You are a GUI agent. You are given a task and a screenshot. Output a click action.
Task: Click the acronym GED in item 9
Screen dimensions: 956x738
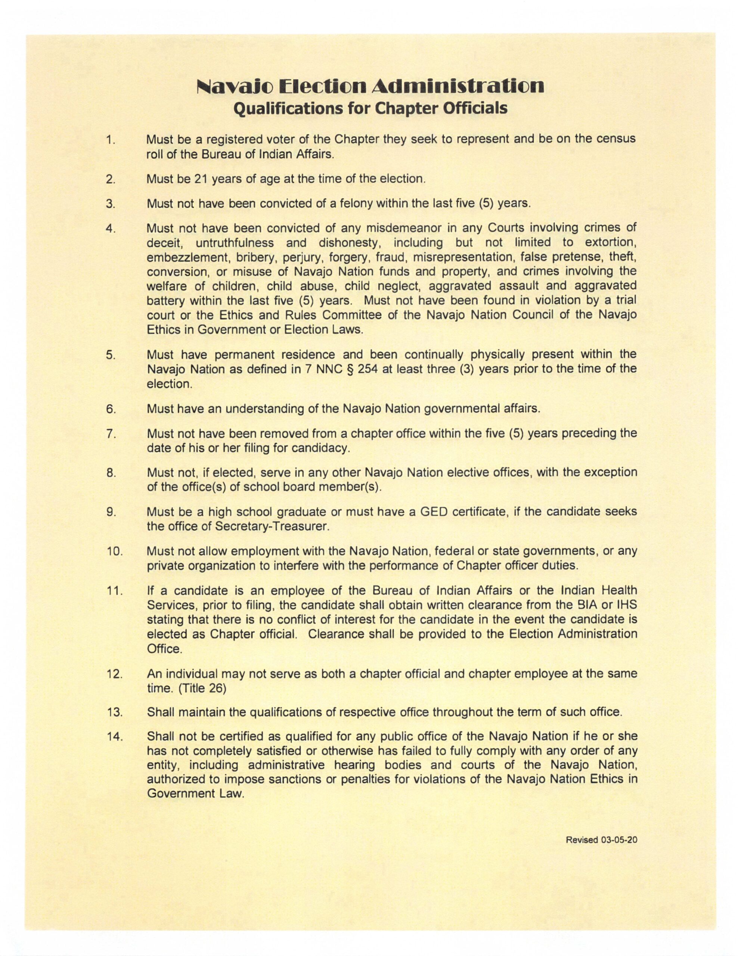(433, 511)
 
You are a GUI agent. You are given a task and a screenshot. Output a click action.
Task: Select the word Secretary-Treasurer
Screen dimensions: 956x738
(272, 526)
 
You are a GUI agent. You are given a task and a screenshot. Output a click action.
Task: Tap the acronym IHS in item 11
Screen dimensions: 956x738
(626, 605)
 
